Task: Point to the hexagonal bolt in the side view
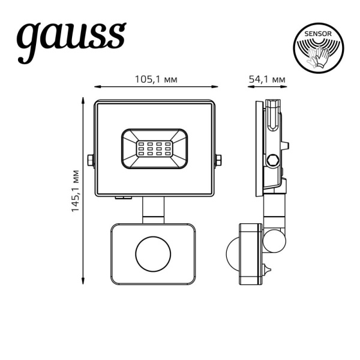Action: click(273, 160)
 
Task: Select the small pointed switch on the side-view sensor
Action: click(267, 267)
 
